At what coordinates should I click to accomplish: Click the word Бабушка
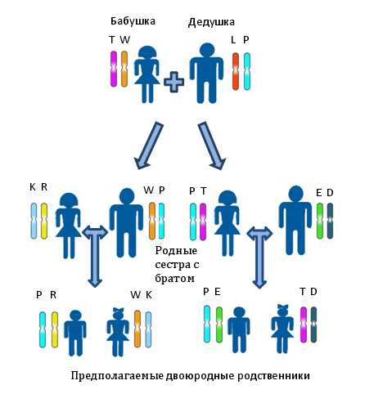[133, 21]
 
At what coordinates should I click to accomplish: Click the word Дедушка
[211, 22]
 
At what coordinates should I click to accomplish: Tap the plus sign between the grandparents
[173, 82]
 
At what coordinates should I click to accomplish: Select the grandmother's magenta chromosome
[114, 69]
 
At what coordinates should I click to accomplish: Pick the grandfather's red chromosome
[236, 71]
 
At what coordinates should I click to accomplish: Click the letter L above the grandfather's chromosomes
[233, 40]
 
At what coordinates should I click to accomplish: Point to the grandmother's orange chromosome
[124, 69]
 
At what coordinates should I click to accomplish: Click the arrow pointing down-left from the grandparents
[148, 146]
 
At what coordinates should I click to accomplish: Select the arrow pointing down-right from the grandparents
[212, 146]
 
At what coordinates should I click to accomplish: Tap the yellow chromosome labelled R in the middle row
[44, 221]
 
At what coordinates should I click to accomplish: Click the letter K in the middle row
[33, 187]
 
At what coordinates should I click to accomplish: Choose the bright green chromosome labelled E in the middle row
[320, 221]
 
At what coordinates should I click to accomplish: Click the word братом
[175, 279]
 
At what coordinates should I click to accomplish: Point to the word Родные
[176, 250]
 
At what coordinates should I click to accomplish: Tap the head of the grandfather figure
[207, 50]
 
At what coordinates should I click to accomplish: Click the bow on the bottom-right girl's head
[282, 307]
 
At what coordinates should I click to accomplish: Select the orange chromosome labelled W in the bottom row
[137, 329]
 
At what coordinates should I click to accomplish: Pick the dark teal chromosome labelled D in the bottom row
[313, 325]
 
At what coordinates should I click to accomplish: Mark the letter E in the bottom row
[218, 292]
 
